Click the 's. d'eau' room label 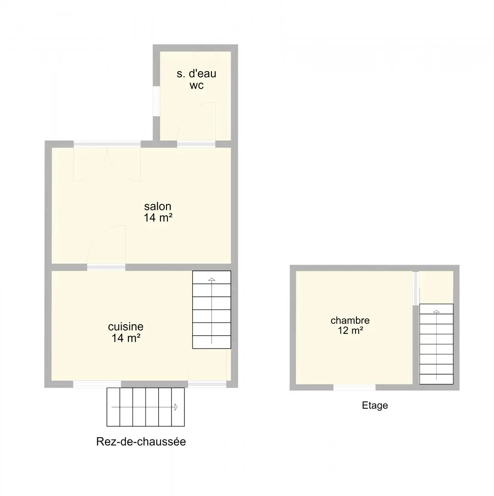[x=196, y=73]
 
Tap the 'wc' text [x=196, y=85]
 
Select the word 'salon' [x=158, y=206]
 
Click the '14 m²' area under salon [x=158, y=218]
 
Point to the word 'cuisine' [x=126, y=327]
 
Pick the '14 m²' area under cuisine [x=126, y=338]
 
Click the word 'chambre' [x=350, y=320]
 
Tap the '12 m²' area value [x=350, y=331]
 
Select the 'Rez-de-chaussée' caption [x=141, y=442]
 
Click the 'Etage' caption [x=375, y=406]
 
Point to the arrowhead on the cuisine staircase [x=211, y=279]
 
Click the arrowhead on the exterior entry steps [x=176, y=407]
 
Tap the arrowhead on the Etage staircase [x=436, y=311]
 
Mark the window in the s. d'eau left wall [x=156, y=101]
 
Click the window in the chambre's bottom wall [x=355, y=388]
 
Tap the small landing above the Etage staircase [x=436, y=287]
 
